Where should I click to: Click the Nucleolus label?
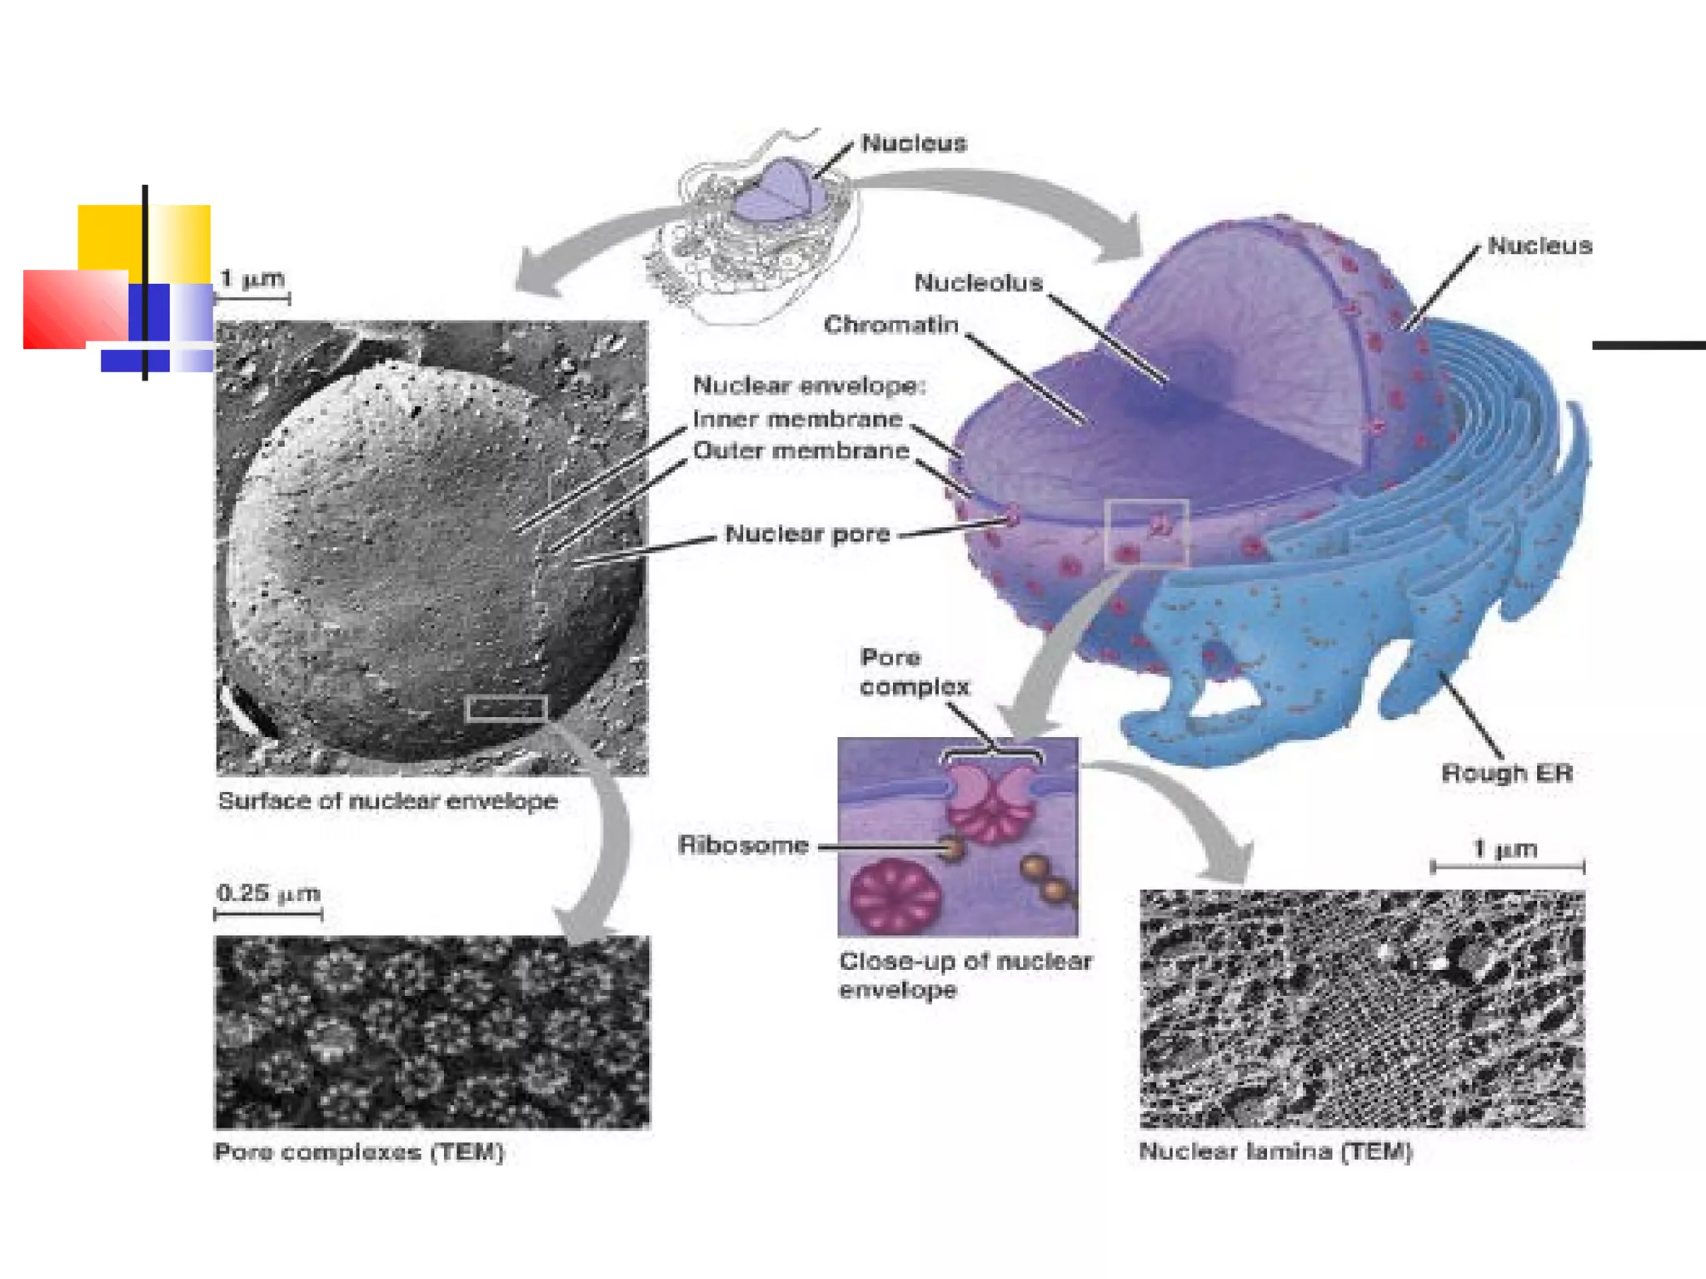(x=978, y=283)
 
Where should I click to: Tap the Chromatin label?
(x=890, y=325)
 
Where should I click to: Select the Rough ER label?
(x=1506, y=774)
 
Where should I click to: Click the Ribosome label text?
(x=743, y=845)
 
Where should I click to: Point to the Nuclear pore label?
(x=807, y=534)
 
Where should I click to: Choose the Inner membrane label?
(x=797, y=419)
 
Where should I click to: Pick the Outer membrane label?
(x=801, y=450)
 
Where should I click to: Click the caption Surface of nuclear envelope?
(x=387, y=801)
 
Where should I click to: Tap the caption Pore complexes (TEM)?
(x=359, y=1152)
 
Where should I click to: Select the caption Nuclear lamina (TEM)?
(x=1275, y=1152)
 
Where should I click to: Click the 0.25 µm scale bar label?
(x=268, y=893)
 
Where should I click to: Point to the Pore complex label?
(x=914, y=672)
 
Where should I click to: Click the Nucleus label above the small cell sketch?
(x=914, y=143)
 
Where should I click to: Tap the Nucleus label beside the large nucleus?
(x=1539, y=246)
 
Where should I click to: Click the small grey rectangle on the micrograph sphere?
(x=506, y=709)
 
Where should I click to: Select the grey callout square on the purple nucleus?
(x=1146, y=534)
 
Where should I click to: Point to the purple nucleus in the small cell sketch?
(x=773, y=192)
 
